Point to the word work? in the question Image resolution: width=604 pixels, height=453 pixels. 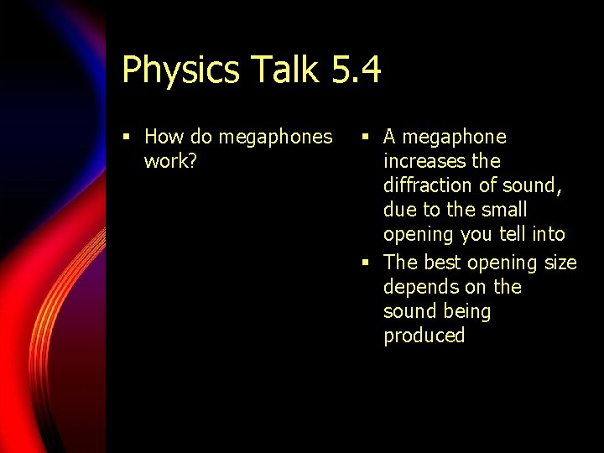click(170, 160)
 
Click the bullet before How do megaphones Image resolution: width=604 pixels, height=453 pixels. click(126, 137)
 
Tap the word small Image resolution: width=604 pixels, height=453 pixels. click(503, 209)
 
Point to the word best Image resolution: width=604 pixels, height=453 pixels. click(443, 263)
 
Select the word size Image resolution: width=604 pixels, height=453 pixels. click(560, 263)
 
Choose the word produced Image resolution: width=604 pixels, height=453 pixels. click(424, 336)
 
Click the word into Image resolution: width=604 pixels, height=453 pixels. click(549, 233)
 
